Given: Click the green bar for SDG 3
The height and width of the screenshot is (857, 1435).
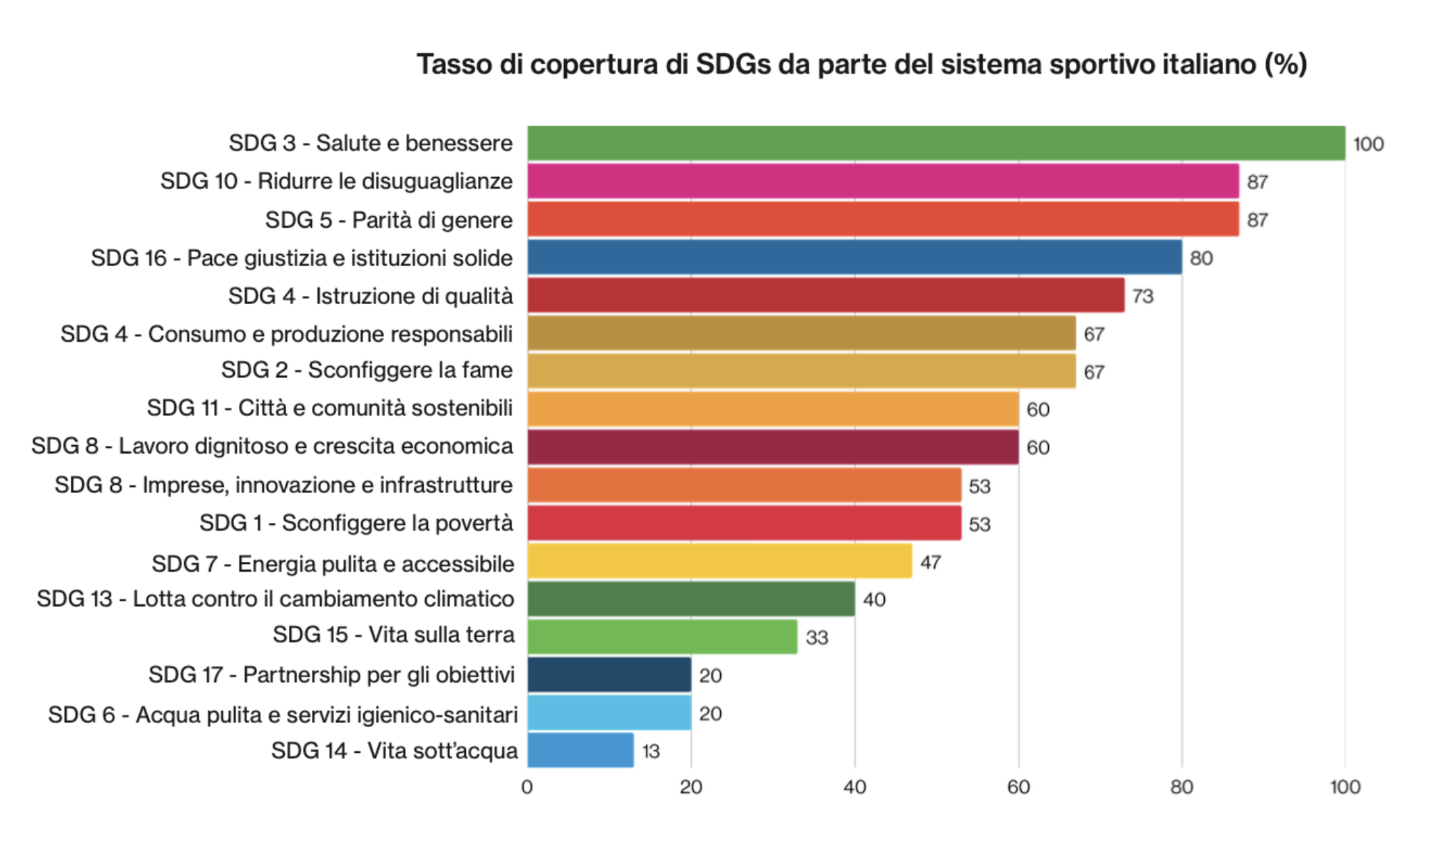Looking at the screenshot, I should (x=936, y=143).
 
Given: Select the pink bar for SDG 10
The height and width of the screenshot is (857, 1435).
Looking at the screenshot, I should (x=883, y=181).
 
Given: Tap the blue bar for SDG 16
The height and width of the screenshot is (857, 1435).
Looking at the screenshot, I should (x=854, y=258).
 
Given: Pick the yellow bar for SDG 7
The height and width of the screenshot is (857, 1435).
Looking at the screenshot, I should (x=720, y=561).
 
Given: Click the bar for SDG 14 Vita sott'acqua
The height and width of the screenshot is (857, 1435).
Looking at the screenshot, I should (x=581, y=750).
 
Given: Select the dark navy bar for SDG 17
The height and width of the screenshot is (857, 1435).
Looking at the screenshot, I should (x=609, y=674).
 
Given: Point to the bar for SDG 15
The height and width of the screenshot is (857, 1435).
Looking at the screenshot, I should (x=662, y=637).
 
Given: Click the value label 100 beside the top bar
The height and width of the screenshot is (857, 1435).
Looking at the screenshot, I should (x=1368, y=144).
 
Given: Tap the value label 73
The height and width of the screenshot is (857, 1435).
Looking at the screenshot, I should (x=1143, y=297).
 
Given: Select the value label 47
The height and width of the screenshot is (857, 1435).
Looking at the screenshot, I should (x=931, y=563).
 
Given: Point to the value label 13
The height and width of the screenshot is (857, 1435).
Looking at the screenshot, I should (x=651, y=751).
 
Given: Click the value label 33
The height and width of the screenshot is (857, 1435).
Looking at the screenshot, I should (x=817, y=638).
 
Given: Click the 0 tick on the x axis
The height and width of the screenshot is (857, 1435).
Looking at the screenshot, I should (x=527, y=787).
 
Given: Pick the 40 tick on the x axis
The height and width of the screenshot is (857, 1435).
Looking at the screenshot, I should (x=854, y=787).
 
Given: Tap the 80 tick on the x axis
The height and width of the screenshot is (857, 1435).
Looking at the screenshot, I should (x=1181, y=787).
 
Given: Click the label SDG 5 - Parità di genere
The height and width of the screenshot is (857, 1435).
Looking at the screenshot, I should (x=389, y=220).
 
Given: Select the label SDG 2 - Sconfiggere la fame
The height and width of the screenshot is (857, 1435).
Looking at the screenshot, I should (x=367, y=370).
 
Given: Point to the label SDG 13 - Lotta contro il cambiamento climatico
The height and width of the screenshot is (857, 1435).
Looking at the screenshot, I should (x=276, y=599).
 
